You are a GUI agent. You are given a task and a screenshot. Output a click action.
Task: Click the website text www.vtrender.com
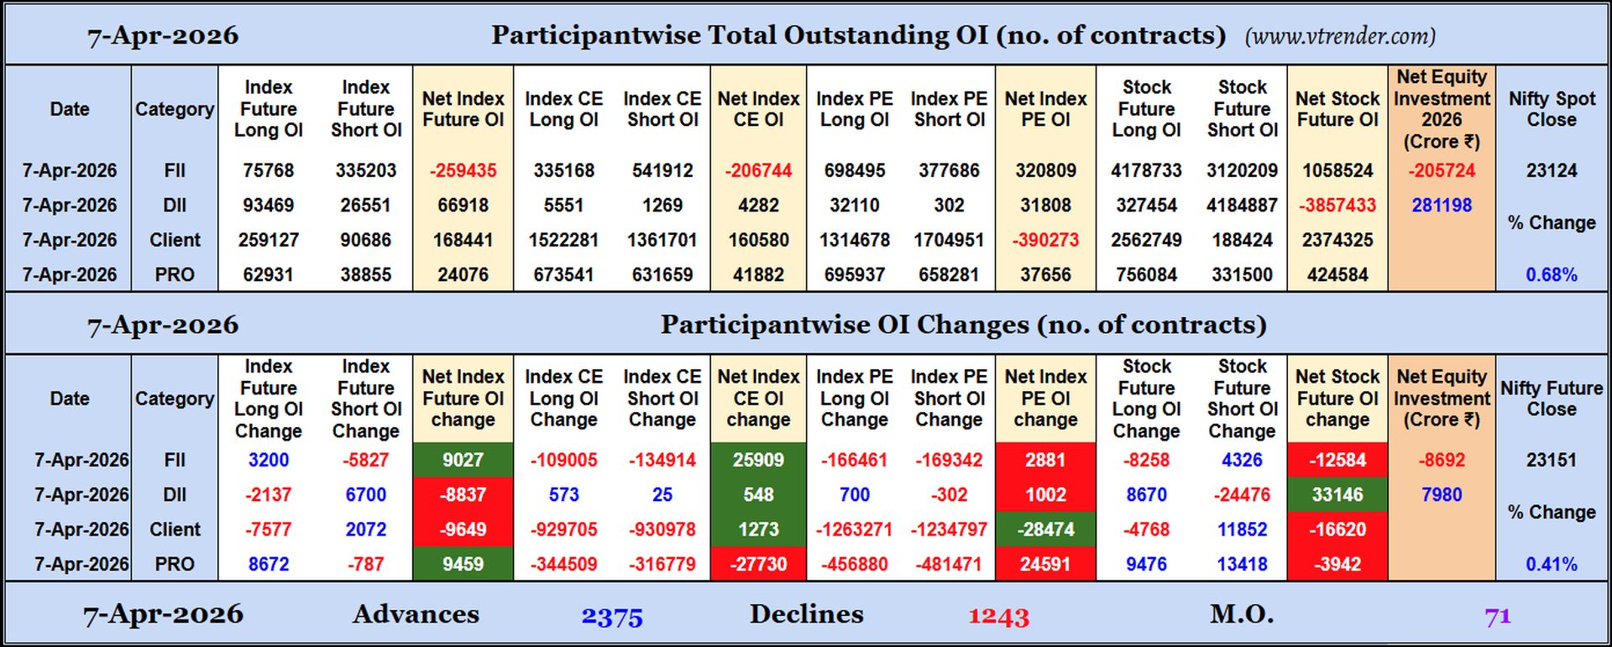(x=1340, y=36)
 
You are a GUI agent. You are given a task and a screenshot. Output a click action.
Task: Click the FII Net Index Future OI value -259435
(x=463, y=170)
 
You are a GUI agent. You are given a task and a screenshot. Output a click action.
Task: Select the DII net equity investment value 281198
(x=1442, y=205)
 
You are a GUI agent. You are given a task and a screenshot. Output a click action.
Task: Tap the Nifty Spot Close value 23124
(x=1552, y=170)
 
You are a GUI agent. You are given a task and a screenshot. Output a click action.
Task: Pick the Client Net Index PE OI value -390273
(x=1045, y=240)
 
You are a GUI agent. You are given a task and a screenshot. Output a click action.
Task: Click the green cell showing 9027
(x=463, y=460)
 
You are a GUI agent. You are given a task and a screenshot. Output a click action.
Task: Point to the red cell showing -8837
(x=463, y=495)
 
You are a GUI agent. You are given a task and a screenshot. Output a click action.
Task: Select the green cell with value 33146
(x=1337, y=495)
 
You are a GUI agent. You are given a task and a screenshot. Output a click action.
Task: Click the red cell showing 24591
(x=1045, y=564)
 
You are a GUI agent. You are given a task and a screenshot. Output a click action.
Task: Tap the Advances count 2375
(x=612, y=617)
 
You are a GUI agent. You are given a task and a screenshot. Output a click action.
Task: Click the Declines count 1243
(x=998, y=617)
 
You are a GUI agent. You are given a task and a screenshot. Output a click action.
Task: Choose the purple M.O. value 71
(x=1498, y=617)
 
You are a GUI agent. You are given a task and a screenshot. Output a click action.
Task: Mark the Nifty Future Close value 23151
(x=1552, y=460)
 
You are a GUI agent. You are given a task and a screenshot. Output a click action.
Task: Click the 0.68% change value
(x=1552, y=274)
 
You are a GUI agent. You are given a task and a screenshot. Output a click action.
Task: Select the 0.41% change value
(x=1552, y=564)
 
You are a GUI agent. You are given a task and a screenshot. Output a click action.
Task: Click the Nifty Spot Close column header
(x=1552, y=109)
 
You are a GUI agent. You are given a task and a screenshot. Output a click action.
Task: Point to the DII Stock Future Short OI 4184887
(x=1242, y=205)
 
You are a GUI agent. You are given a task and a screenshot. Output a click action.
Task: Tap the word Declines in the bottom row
(x=806, y=614)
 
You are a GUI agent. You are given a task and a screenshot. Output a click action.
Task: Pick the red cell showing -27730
(x=758, y=564)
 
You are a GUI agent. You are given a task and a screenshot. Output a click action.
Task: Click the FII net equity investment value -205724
(x=1442, y=170)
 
